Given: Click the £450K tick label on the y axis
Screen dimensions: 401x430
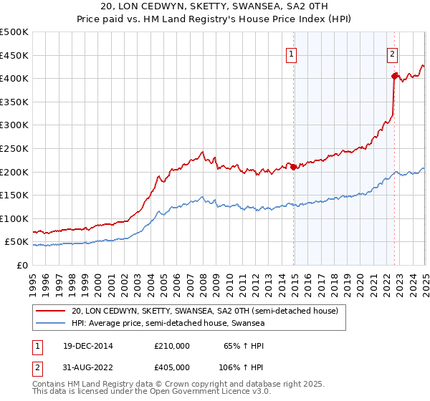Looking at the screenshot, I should point(14,55).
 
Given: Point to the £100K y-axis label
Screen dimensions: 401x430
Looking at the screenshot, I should point(14,218).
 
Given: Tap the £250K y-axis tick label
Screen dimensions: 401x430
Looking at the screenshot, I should point(14,148).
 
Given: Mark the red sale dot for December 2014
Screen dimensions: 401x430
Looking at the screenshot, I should point(293,167).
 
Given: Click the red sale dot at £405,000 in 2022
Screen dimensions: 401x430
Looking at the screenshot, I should point(394,75).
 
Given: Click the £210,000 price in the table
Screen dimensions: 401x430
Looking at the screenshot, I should point(172,346).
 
